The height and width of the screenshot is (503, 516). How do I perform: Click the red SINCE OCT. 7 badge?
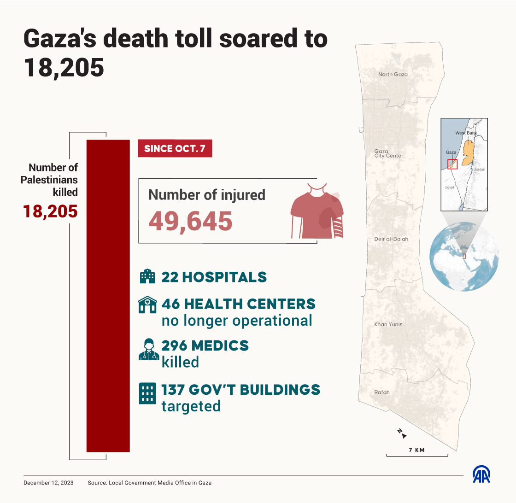[x=175, y=149]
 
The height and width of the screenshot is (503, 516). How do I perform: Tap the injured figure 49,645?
[x=190, y=221]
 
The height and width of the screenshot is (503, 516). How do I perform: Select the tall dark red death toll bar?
[x=108, y=295]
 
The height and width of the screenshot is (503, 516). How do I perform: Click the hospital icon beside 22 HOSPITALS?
[x=147, y=277]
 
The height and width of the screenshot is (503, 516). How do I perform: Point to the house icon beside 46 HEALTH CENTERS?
[x=147, y=305]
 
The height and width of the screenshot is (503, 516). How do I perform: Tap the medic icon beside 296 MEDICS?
[x=148, y=350]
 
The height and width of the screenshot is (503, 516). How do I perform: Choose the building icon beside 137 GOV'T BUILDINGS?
[x=147, y=393]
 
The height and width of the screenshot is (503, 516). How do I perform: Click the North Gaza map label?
[x=393, y=74]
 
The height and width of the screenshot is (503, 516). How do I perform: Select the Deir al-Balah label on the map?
[x=391, y=239]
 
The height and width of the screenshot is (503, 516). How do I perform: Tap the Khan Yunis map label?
[x=388, y=324]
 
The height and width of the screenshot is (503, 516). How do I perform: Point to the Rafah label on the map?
[x=382, y=392]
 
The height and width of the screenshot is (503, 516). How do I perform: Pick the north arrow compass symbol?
[x=402, y=433]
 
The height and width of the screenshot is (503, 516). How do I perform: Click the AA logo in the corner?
[x=481, y=475]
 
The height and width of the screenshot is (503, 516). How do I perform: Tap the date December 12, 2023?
[x=48, y=483]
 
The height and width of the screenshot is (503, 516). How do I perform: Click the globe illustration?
[x=464, y=256]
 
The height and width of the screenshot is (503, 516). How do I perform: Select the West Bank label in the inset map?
[x=466, y=133]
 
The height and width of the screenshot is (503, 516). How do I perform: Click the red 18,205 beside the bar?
[x=51, y=211]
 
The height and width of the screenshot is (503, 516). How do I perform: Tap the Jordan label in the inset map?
[x=480, y=170]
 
